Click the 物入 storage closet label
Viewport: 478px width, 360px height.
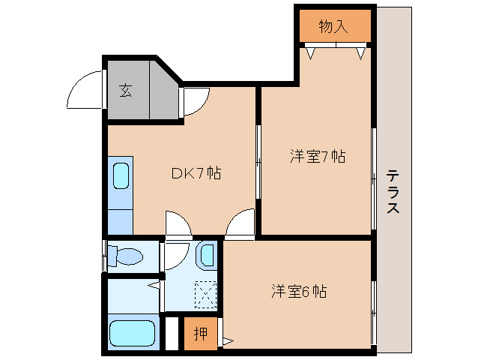pyautogui.click(x=334, y=27)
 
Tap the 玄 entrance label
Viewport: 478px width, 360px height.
pyautogui.click(x=126, y=91)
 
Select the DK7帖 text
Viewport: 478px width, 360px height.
pyautogui.click(x=196, y=173)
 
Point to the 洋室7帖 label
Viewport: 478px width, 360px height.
pyautogui.click(x=318, y=157)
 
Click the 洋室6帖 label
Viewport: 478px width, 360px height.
pyautogui.click(x=297, y=290)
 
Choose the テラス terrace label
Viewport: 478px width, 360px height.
pyautogui.click(x=393, y=192)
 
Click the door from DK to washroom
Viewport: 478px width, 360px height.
pyautogui.click(x=178, y=224)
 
